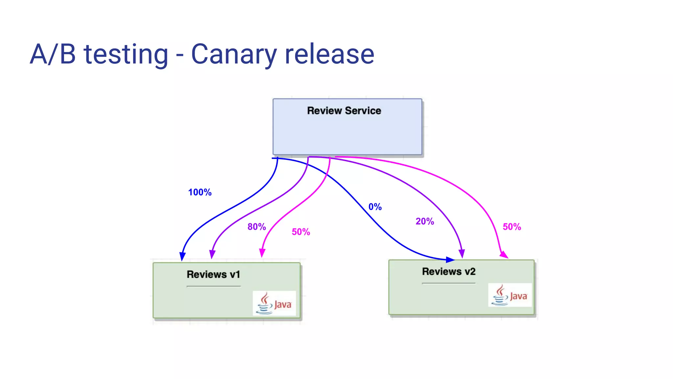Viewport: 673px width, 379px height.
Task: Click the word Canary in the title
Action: pos(234,54)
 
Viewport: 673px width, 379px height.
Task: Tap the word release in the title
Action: pos(329,54)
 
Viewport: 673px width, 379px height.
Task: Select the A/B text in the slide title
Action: pos(53,54)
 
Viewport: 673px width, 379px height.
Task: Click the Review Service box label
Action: pos(344,111)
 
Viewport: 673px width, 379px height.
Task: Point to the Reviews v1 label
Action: pos(213,274)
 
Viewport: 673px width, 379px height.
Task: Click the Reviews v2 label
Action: pos(449,271)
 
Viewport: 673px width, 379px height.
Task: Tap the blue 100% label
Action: pos(200,192)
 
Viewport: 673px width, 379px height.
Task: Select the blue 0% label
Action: pos(375,207)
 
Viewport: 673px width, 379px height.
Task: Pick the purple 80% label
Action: pos(257,227)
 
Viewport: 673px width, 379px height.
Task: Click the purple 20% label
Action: pos(425,221)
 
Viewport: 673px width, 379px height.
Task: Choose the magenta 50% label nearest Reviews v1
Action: pos(301,232)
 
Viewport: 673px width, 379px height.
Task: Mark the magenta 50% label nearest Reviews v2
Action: pos(512,227)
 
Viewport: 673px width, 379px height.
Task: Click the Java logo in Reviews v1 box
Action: pos(274,303)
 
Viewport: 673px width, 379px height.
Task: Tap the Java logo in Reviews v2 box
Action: pos(510,295)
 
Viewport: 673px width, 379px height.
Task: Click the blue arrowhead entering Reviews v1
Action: pos(182,257)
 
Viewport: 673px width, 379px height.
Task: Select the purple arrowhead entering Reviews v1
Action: pos(212,254)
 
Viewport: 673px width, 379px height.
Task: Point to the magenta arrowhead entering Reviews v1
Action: pos(262,253)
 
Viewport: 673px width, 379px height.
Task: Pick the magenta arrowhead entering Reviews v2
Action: pos(504,254)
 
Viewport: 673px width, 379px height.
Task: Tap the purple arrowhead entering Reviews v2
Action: pos(462,253)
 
